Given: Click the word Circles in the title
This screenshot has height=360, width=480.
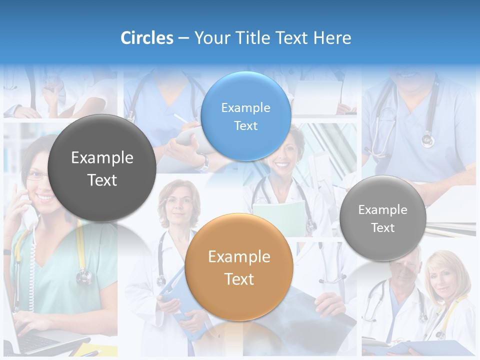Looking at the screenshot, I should [146, 38].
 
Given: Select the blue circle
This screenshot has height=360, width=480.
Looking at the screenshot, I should [245, 116].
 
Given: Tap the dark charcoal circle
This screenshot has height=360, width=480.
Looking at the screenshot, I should [102, 168].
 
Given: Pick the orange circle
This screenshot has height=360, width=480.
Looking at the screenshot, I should [239, 267].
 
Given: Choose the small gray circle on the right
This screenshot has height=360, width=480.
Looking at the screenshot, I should [383, 218].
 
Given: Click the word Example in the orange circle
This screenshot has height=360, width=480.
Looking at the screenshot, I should [239, 257].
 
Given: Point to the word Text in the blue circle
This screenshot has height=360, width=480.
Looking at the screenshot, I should [245, 126].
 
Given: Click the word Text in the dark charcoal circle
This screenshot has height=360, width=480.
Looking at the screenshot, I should [102, 180].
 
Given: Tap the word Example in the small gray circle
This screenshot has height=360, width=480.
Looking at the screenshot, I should [383, 210].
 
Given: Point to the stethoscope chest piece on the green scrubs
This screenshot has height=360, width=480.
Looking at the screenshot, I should [84, 275].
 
